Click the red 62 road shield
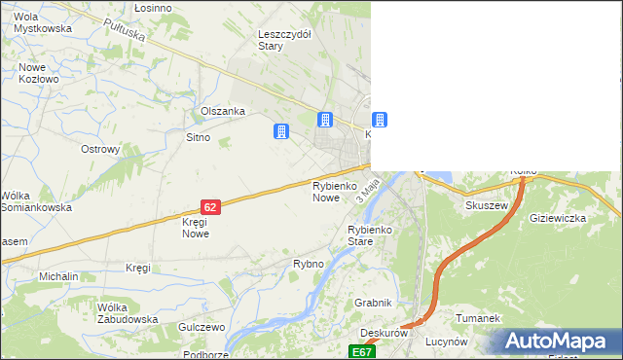211,206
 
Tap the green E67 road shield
362,351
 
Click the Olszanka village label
222,111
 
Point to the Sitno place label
198,137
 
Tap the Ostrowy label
99,150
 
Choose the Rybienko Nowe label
325,191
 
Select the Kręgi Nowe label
196,228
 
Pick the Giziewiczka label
558,218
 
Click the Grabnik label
373,303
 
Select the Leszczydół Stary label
284,39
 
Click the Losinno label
154,7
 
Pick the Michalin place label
58,276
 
